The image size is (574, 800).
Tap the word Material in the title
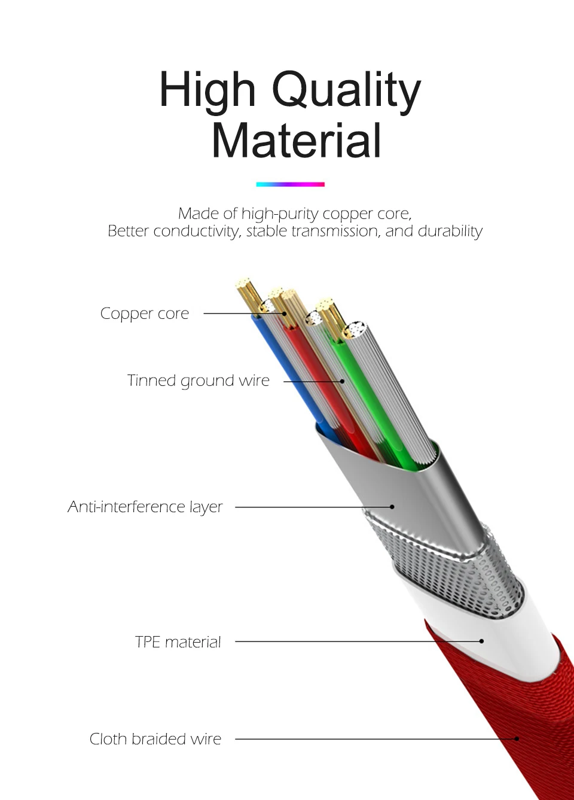(x=296, y=141)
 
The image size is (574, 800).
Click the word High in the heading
(x=207, y=90)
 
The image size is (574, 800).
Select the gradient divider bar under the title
(x=290, y=184)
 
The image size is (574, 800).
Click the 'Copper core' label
(x=144, y=314)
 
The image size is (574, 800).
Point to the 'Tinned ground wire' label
(x=198, y=381)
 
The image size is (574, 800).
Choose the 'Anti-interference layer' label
(x=145, y=507)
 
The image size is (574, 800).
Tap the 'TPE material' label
(x=178, y=642)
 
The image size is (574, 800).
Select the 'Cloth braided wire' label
(x=155, y=739)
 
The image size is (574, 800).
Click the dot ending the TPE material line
(x=481, y=641)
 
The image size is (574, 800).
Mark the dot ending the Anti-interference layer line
(x=392, y=507)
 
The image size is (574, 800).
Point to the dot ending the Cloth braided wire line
(x=517, y=739)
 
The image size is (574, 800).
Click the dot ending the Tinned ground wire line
(x=343, y=381)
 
